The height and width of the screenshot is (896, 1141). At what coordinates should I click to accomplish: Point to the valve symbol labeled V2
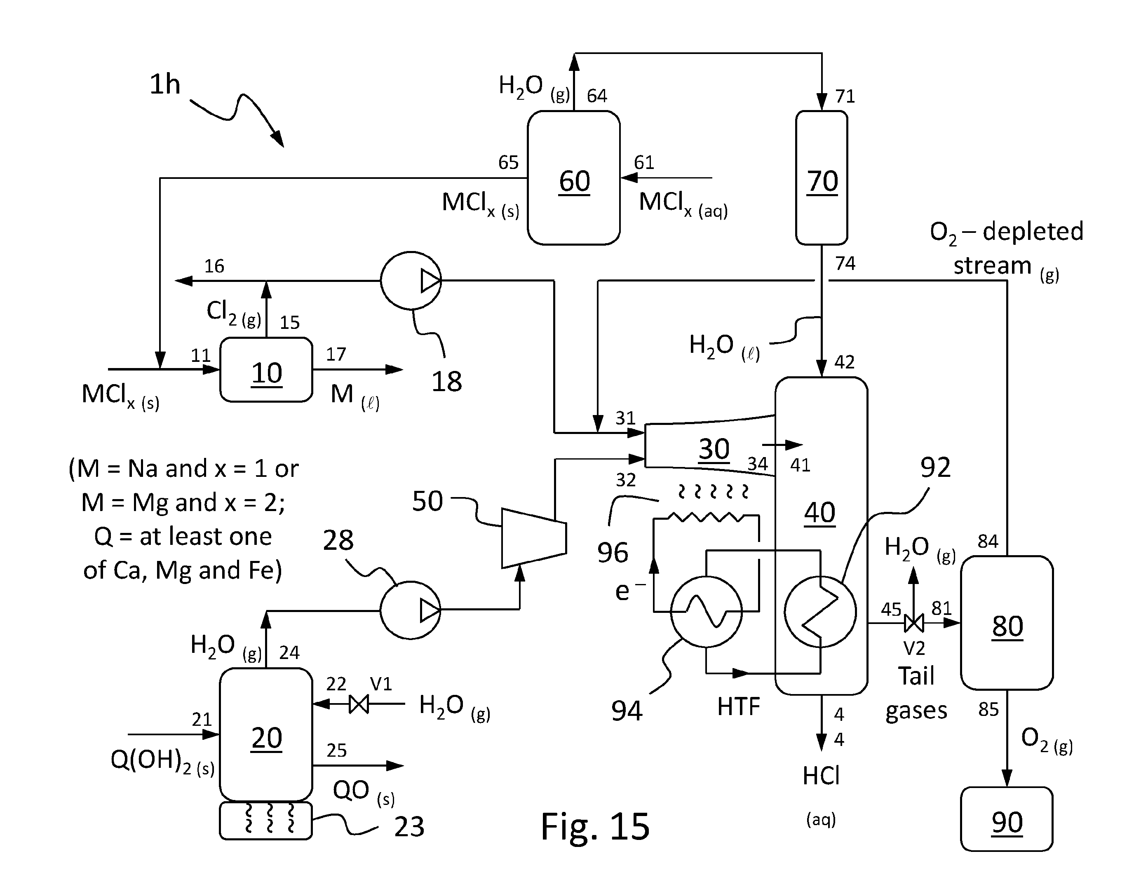click(x=914, y=623)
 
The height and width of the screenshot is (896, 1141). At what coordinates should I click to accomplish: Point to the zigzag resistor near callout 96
click(x=706, y=517)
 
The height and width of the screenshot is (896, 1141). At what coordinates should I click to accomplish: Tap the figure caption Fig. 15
click(x=595, y=826)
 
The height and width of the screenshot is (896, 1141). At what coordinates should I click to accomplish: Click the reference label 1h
click(x=165, y=84)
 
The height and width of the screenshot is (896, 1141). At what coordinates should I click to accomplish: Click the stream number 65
click(x=508, y=162)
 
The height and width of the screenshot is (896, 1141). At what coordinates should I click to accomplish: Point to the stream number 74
click(x=845, y=263)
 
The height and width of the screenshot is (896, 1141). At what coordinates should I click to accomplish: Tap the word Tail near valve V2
click(x=916, y=676)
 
